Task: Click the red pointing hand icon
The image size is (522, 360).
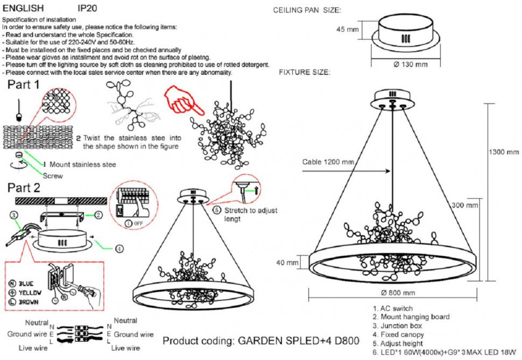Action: click(183, 98)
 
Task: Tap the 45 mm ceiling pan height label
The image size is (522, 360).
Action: click(348, 30)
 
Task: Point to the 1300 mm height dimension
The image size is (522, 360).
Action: click(504, 152)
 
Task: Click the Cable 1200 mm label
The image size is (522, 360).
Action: click(328, 161)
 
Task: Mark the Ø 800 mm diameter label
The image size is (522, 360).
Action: click(398, 293)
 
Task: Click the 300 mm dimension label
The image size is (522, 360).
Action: click(464, 205)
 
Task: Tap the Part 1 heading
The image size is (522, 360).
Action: click(23, 84)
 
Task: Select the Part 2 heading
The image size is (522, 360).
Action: click(24, 188)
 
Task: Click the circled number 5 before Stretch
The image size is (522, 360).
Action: click(216, 210)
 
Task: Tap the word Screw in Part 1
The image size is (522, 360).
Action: click(53, 175)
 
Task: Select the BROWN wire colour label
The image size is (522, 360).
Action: click(29, 303)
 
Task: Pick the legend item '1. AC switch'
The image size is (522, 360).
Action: click(392, 308)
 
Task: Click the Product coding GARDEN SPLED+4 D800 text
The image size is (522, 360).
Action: click(260, 341)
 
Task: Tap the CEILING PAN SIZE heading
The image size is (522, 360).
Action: click(307, 10)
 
